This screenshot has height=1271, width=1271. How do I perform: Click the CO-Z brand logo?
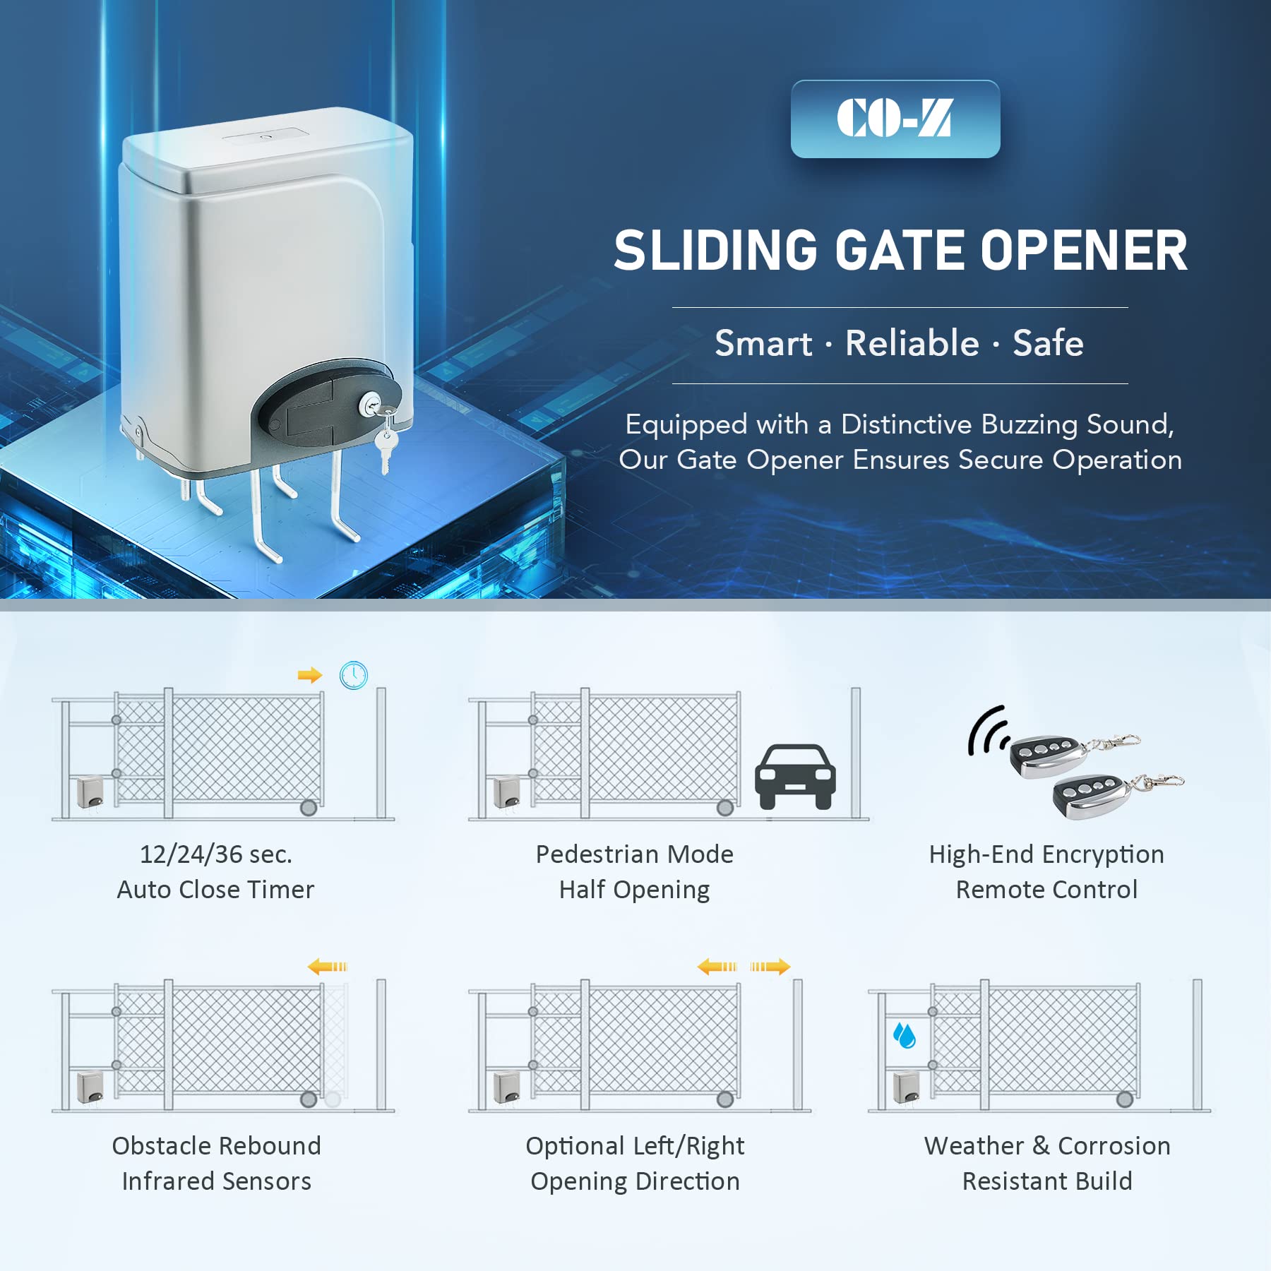coord(895,119)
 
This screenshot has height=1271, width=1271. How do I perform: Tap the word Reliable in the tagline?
coord(912,344)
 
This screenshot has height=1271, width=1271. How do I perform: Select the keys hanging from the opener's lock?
coord(386,441)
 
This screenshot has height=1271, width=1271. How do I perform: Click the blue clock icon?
coord(354,675)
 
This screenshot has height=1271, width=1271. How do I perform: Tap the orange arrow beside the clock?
coord(310,676)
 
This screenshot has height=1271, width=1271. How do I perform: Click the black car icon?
coord(795,777)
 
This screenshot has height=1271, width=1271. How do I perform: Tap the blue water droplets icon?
coord(905,1035)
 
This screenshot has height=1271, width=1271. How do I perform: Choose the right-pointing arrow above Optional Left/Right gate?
coord(770,966)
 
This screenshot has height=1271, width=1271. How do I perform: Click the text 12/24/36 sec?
coord(215,854)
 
